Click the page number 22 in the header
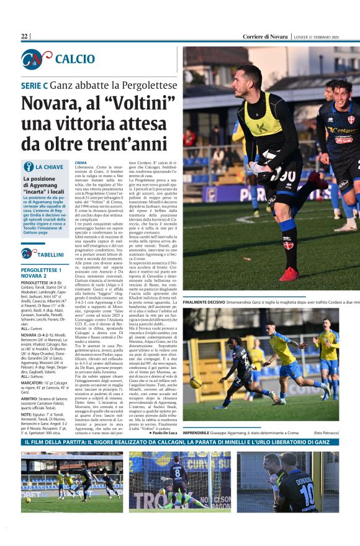[25, 37]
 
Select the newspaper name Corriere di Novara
[265, 37]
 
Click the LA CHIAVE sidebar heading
[49, 167]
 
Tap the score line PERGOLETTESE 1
[41, 270]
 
